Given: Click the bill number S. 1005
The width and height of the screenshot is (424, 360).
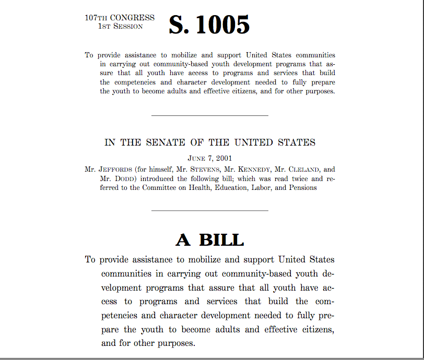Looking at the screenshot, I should pos(209,25).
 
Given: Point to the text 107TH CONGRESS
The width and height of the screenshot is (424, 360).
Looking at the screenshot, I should pos(120,18).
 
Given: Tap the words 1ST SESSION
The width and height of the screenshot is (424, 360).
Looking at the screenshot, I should pos(121,27).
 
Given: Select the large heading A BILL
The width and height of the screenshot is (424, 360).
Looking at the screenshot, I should pos(209,239).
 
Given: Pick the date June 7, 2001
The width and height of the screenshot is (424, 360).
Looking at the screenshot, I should pos(209,158).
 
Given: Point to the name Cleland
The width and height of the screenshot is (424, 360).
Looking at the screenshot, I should pos(306,169).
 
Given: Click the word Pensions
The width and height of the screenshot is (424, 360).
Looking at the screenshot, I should pos(302,187).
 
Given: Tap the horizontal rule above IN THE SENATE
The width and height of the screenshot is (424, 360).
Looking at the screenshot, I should pos(209,115).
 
